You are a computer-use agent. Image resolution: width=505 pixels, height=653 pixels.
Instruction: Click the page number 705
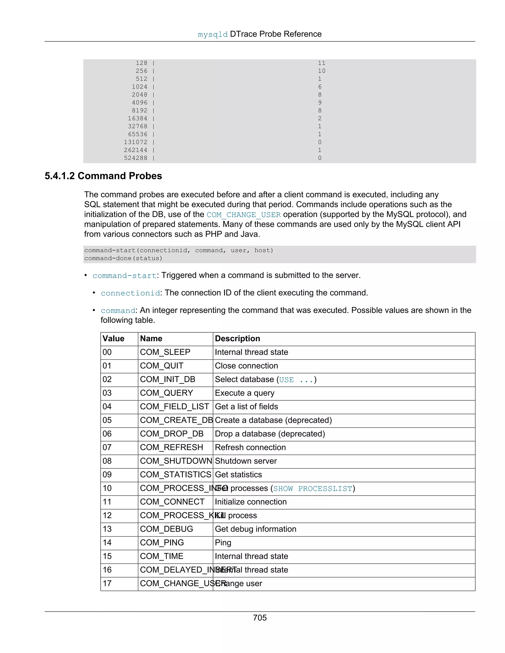click(x=259, y=618)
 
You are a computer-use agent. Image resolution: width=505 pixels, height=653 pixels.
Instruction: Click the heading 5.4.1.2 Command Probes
click(x=103, y=176)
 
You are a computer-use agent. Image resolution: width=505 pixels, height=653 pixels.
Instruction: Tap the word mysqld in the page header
click(x=213, y=34)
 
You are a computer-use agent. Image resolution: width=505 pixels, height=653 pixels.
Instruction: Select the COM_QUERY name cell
click(x=166, y=393)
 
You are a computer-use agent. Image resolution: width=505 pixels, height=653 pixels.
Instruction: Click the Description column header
click(x=237, y=339)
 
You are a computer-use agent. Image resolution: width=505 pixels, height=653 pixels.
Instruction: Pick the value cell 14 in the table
click(x=107, y=542)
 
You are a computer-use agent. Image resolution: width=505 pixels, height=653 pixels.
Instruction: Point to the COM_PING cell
click(x=162, y=542)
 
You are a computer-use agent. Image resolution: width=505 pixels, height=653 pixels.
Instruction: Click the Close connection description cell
click(x=246, y=366)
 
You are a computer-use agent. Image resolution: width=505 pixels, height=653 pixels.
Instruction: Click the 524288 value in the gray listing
click(x=136, y=158)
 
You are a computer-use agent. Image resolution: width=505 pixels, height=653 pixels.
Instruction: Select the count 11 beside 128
click(x=322, y=63)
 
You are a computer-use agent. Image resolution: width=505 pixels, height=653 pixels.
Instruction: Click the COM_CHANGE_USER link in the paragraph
click(x=244, y=215)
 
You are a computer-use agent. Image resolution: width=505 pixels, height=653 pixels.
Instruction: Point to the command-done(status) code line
click(x=123, y=258)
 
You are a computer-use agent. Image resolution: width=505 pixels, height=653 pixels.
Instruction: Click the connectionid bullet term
click(x=130, y=293)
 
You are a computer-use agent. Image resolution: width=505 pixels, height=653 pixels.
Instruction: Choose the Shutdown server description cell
click(x=246, y=461)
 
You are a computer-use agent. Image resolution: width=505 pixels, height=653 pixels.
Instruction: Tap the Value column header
click(x=113, y=339)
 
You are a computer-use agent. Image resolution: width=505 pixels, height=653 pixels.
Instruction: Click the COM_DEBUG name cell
click(x=166, y=529)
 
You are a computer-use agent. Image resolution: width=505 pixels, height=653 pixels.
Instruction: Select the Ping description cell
click(x=223, y=542)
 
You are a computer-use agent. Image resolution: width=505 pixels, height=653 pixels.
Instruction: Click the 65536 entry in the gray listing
click(x=138, y=134)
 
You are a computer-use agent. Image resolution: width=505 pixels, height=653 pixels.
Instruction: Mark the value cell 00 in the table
click(x=107, y=352)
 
